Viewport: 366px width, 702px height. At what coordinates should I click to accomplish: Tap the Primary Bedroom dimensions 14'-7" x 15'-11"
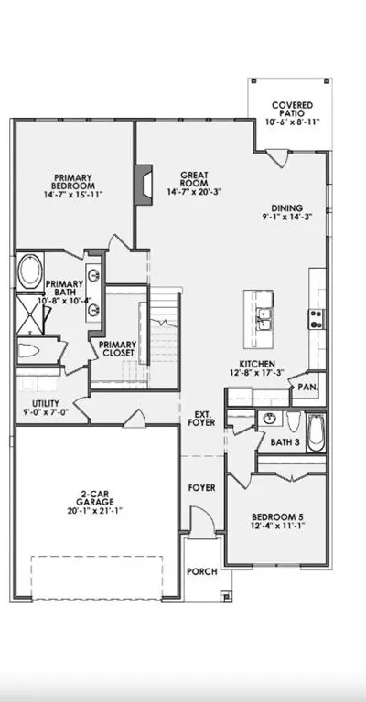pyautogui.click(x=72, y=195)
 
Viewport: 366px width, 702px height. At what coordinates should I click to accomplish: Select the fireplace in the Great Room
pyautogui.click(x=145, y=185)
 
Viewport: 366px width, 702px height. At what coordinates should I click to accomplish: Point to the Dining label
pyautogui.click(x=287, y=208)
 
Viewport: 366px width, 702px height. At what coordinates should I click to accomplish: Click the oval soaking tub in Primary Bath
pyautogui.click(x=30, y=271)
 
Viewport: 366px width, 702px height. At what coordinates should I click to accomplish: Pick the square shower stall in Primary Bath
pyautogui.click(x=30, y=314)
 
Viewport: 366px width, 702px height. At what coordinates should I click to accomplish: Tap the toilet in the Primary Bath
pyautogui.click(x=32, y=351)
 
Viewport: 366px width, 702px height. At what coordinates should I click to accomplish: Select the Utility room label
pyautogui.click(x=45, y=403)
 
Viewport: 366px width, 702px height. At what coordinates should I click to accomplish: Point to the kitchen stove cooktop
pyautogui.click(x=317, y=319)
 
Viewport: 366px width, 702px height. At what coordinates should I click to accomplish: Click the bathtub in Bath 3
pyautogui.click(x=317, y=432)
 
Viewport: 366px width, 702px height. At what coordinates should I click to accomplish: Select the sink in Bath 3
pyautogui.click(x=269, y=419)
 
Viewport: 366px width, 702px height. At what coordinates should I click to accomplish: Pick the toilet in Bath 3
pyautogui.click(x=294, y=421)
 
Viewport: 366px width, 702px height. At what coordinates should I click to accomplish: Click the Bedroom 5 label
pyautogui.click(x=278, y=516)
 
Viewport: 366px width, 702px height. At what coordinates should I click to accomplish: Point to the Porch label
pyautogui.click(x=202, y=571)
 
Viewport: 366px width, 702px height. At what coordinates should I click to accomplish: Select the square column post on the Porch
pyautogui.click(x=227, y=596)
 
